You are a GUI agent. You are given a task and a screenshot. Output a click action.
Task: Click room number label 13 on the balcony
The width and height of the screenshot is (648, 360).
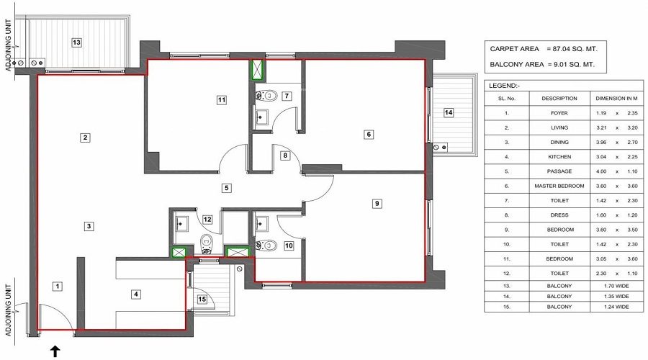pyautogui.click(x=76, y=42)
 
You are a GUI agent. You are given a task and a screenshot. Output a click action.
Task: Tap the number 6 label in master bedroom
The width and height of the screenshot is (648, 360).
pyautogui.click(x=369, y=135)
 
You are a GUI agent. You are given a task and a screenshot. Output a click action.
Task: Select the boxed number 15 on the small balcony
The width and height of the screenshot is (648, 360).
pyautogui.click(x=202, y=300)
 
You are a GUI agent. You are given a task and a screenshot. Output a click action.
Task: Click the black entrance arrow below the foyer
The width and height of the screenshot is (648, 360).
pyautogui.click(x=55, y=352)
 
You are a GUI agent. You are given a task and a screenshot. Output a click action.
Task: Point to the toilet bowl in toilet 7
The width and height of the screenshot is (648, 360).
pyautogui.click(x=266, y=96)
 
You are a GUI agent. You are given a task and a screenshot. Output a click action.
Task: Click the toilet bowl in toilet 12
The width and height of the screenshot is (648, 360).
pyautogui.click(x=206, y=244)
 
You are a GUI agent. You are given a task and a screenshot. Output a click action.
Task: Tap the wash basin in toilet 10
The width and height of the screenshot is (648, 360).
pyautogui.click(x=261, y=224)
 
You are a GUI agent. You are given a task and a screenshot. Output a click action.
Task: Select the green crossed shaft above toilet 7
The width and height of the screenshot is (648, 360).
pyautogui.click(x=258, y=69)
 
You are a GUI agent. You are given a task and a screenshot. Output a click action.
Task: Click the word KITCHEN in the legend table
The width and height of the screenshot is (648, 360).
pyautogui.click(x=559, y=157)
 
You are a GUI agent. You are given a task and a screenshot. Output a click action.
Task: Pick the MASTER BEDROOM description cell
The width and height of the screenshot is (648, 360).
pyautogui.click(x=559, y=186)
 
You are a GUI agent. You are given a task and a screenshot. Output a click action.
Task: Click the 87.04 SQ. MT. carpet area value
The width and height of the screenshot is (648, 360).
pyautogui.click(x=571, y=49)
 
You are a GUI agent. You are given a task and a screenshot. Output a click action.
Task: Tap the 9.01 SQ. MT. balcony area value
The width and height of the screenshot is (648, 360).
pyautogui.click(x=571, y=65)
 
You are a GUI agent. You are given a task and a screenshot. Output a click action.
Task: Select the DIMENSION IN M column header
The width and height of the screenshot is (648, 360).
pyautogui.click(x=616, y=99)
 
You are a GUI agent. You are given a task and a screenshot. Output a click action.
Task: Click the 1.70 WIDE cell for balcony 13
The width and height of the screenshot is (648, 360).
pyautogui.click(x=616, y=286)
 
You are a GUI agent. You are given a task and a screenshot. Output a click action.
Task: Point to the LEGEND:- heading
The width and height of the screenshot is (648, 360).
pyautogui.click(x=505, y=86)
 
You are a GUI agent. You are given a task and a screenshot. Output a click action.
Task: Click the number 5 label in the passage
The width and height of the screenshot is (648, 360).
pyautogui.click(x=227, y=188)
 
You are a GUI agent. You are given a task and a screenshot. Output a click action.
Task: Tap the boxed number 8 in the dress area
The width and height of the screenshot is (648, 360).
pyautogui.click(x=284, y=156)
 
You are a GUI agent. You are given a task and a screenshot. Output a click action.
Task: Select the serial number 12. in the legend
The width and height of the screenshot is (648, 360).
pyautogui.click(x=507, y=274)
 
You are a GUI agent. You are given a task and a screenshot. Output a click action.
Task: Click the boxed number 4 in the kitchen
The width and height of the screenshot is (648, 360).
pyautogui.click(x=135, y=294)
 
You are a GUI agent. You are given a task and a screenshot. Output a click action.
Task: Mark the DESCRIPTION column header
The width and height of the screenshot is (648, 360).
pyautogui.click(x=559, y=99)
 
